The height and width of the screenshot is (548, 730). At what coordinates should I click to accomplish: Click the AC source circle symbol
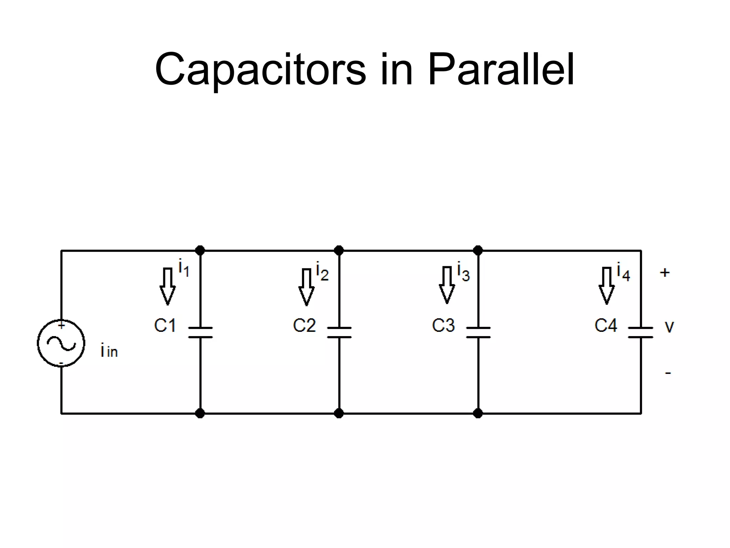tap(61, 343)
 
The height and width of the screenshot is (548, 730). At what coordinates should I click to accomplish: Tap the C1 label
tap(165, 325)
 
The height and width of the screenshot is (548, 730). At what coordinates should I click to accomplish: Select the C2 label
tap(304, 325)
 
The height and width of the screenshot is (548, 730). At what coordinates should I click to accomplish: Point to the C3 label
tap(443, 325)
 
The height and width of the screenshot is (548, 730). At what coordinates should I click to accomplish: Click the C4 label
tap(606, 325)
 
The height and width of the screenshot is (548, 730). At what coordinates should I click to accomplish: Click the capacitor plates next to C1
tap(200, 332)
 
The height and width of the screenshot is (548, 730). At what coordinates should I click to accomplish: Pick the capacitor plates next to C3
tap(478, 332)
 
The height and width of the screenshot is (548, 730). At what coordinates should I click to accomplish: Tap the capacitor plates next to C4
tap(641, 332)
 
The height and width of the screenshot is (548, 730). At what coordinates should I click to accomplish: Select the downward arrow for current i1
tap(168, 286)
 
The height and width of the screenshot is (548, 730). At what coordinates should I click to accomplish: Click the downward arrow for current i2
tap(306, 287)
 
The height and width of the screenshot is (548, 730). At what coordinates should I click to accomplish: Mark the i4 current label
tap(623, 272)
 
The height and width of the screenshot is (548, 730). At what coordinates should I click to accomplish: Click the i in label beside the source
tap(109, 350)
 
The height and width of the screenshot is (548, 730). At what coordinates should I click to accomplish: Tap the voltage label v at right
tap(669, 327)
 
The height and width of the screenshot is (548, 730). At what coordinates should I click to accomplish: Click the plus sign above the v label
tap(665, 273)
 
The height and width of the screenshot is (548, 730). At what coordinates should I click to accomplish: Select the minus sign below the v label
tap(668, 373)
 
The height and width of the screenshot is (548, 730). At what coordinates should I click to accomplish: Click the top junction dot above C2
tap(339, 250)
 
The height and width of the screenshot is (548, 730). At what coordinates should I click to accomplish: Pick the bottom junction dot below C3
tap(478, 413)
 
